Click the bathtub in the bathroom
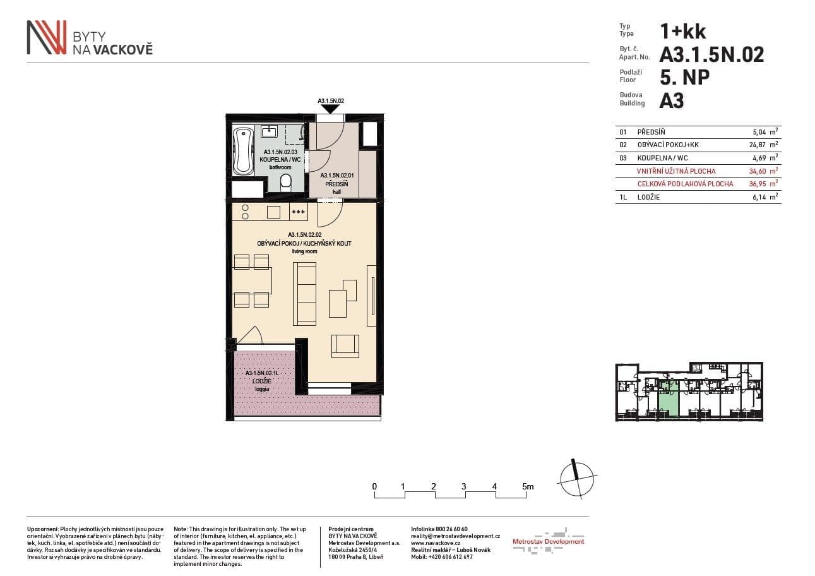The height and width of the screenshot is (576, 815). point(243,151)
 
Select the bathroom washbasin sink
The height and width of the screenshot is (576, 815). point(270,132)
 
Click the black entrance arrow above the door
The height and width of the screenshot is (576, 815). point(330,109)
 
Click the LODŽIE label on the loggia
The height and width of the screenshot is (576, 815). point(261,381)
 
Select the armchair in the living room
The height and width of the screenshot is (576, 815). point(345,344)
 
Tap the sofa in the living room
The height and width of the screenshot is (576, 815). point(305,294)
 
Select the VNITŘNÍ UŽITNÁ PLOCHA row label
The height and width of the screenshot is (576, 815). point(676,171)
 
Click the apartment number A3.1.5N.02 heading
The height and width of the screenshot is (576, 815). point(711,55)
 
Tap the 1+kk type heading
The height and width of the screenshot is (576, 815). point(682,31)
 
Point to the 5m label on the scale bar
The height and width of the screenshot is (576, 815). point(528,486)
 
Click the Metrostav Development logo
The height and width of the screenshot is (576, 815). point(548,541)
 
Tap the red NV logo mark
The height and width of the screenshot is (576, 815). point(46,37)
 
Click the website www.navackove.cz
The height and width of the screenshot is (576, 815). point(436,543)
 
